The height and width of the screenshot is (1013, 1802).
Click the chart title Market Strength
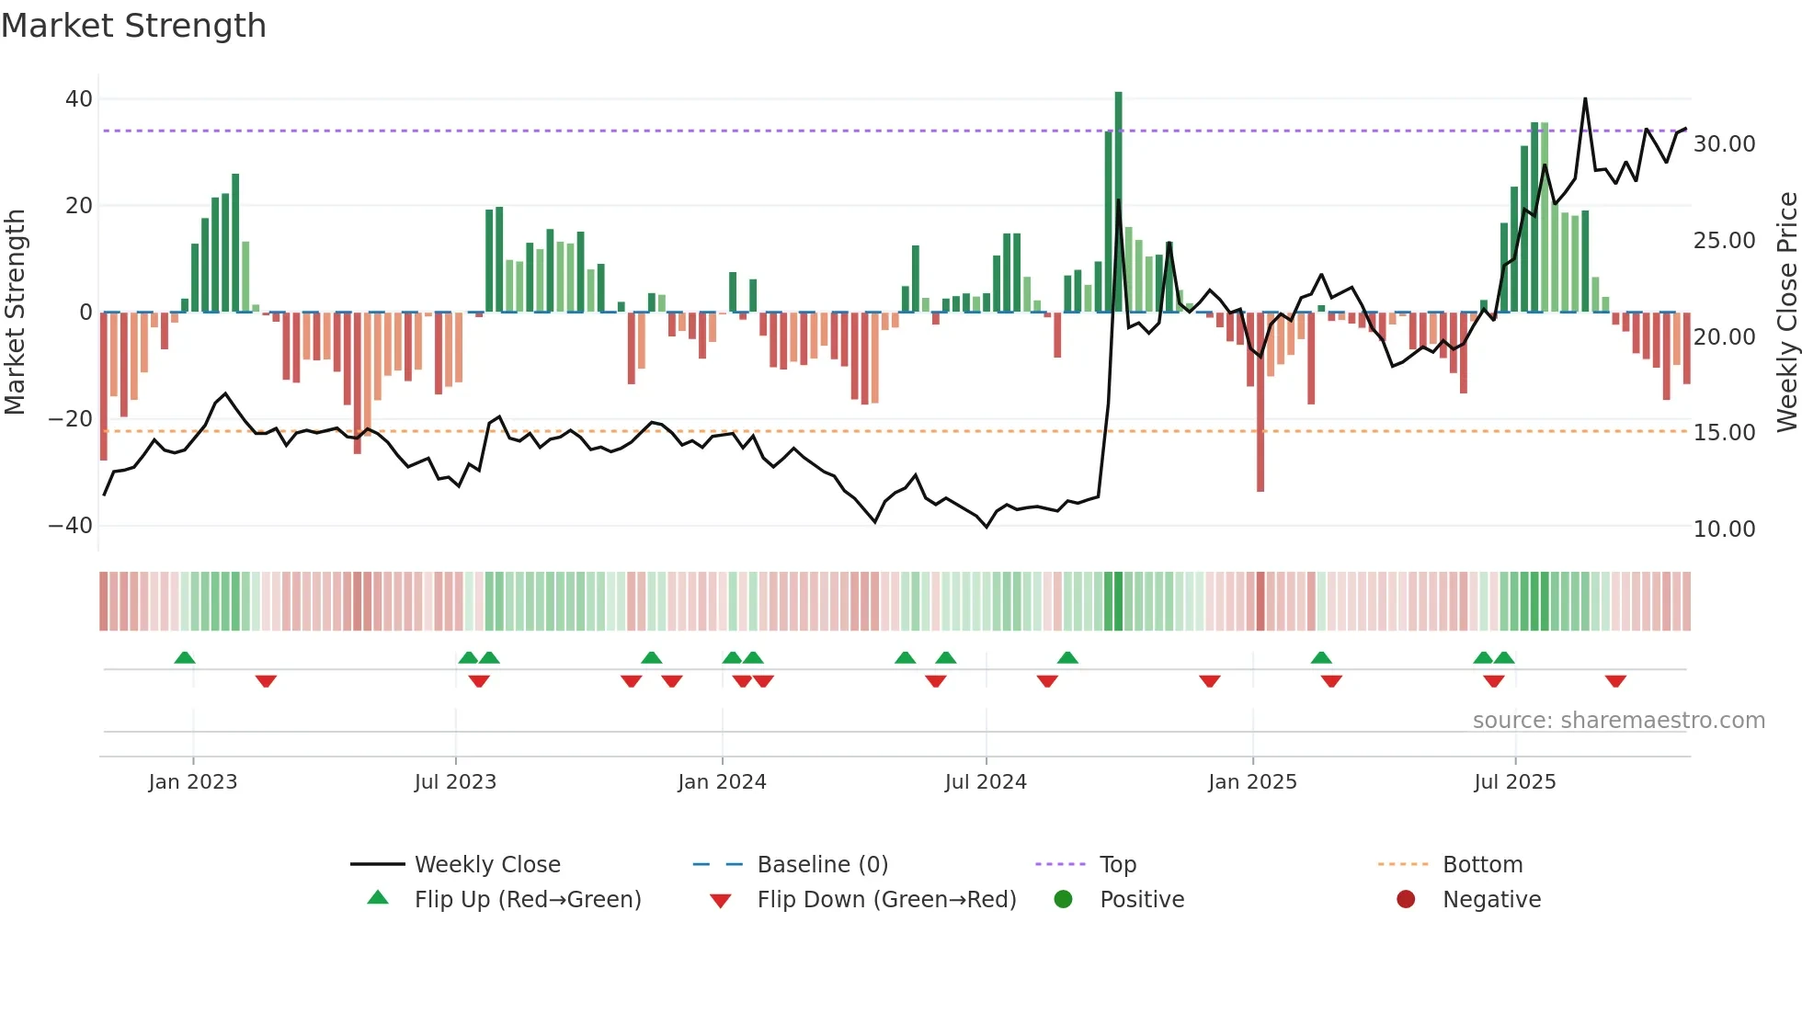tap(133, 26)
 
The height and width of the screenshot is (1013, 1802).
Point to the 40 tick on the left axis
tap(79, 99)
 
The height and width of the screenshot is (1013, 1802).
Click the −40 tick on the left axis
tap(71, 526)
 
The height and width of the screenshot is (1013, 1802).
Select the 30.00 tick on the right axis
tap(1724, 144)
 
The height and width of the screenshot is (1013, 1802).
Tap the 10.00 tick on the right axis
tap(1724, 529)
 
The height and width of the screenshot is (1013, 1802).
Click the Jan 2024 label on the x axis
tap(722, 782)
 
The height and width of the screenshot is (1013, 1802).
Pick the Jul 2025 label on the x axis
tap(1514, 782)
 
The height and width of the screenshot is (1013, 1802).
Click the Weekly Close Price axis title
tap(1786, 313)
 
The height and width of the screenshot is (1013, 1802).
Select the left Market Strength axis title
tap(16, 313)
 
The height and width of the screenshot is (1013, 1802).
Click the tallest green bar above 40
tap(1118, 202)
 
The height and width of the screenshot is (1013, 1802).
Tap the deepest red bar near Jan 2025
tap(1260, 404)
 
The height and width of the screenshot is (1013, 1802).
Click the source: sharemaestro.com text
tap(1618, 721)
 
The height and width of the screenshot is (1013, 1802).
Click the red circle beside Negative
tap(1406, 899)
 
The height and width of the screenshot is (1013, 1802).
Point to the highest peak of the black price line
tap(1585, 99)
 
